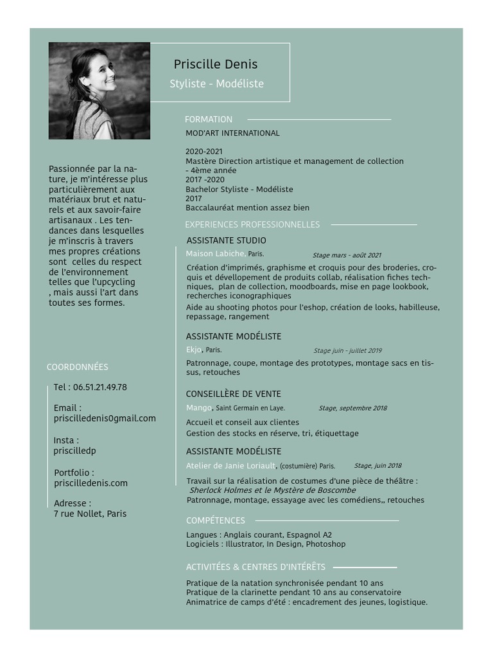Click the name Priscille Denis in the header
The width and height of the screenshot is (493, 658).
point(216,64)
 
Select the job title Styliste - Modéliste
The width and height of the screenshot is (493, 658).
point(216,84)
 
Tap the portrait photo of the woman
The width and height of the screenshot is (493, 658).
point(99,91)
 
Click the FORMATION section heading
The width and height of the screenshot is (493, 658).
point(209,120)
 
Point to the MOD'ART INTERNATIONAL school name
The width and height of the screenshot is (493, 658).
point(232,133)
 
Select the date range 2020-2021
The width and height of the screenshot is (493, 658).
point(204,152)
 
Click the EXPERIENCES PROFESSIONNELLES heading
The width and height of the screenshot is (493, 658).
point(252,224)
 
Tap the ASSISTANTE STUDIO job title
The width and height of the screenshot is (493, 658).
point(226,240)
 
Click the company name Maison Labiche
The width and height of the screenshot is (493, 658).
point(215,254)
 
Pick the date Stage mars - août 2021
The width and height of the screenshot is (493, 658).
point(347,255)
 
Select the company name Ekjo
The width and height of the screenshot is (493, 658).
point(194,350)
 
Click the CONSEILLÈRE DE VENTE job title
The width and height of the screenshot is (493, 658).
point(234,394)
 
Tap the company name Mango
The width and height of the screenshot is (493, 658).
point(199,408)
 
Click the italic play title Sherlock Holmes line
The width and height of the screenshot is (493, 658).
point(273,490)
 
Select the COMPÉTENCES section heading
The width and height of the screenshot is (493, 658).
point(216,520)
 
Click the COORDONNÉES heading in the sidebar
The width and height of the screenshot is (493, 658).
point(78,367)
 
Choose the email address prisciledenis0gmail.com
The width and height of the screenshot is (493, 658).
point(105,418)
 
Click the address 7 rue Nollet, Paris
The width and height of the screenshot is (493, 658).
point(91,514)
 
